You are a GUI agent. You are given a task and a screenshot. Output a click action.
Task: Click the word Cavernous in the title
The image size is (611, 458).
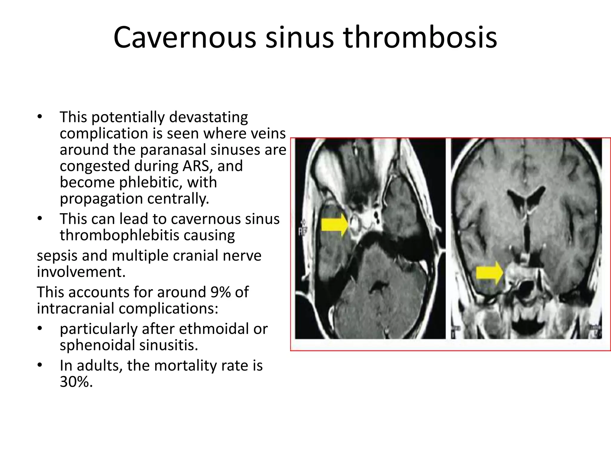(x=185, y=38)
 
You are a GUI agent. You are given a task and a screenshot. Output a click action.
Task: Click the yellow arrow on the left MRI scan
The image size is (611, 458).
(x=334, y=225)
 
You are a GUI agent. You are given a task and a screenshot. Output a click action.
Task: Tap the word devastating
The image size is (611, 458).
(x=208, y=117)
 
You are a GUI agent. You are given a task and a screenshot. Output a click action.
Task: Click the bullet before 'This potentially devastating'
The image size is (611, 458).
(x=40, y=117)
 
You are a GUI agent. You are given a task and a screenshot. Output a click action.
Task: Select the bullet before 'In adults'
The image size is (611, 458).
(x=40, y=365)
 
